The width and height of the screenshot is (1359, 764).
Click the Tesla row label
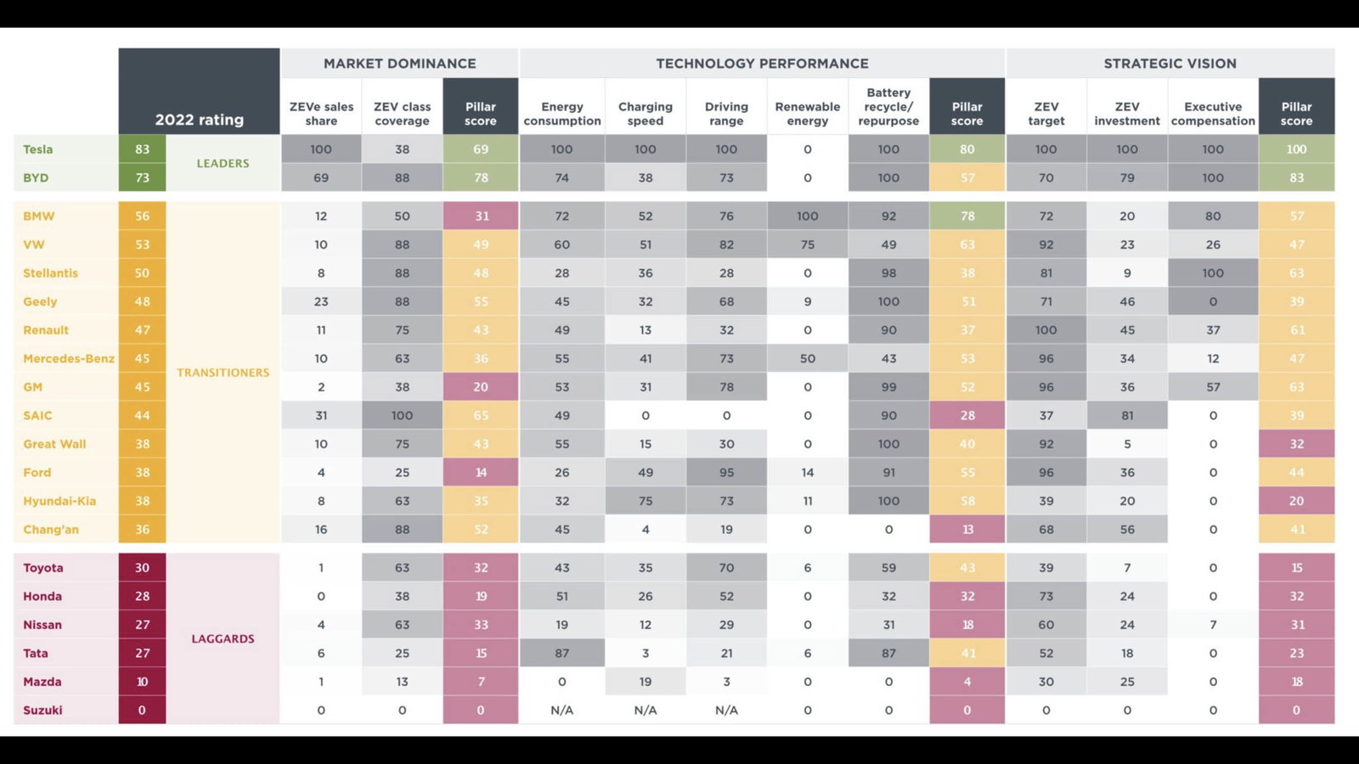[x=38, y=149]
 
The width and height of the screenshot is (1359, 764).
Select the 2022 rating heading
[x=199, y=120]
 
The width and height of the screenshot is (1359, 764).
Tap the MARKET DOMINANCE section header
[x=399, y=64]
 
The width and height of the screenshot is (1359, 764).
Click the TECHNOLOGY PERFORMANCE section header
[x=762, y=64]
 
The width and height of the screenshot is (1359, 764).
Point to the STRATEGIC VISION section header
[x=1170, y=64]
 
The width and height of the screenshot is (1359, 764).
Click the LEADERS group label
[x=223, y=163]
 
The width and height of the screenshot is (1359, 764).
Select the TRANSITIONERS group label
[x=223, y=373]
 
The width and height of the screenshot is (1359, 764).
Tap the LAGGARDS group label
[x=223, y=638]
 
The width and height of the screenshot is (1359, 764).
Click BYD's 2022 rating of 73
[x=142, y=178]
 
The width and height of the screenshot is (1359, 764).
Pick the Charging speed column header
[x=645, y=114]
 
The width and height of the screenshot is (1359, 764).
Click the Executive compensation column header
[x=1212, y=114]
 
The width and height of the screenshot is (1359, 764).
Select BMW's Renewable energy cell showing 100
[x=807, y=216]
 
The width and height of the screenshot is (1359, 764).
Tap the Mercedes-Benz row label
[x=69, y=359]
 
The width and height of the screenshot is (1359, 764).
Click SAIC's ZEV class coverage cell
[x=402, y=416]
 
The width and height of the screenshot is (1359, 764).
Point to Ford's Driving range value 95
[x=726, y=473]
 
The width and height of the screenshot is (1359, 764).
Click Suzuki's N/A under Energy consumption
[x=561, y=711]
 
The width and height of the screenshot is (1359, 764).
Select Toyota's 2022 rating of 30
[x=142, y=568]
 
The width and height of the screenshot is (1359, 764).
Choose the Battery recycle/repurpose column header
[x=888, y=107]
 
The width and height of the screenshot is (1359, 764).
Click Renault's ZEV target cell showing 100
[x=1046, y=330]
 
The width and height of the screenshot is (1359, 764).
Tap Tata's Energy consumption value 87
[x=561, y=654]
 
